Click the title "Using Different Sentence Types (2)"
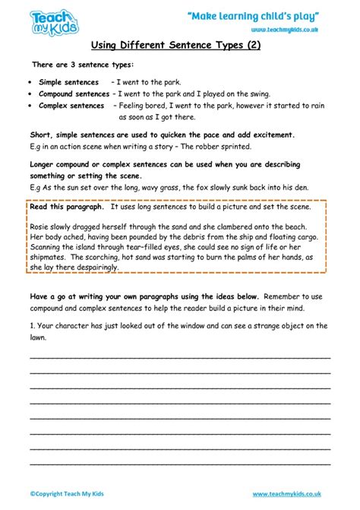180,45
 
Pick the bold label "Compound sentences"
73,94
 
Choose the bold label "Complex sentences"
71,106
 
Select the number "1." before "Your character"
33,326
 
